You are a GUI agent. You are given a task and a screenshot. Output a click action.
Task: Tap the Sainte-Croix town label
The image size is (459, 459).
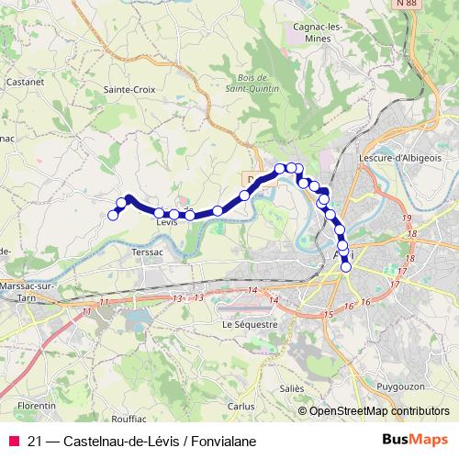click(x=130, y=89)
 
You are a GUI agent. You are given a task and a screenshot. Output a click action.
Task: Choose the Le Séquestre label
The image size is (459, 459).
click(x=249, y=324)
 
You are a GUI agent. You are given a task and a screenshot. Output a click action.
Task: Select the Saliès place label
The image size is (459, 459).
click(x=292, y=388)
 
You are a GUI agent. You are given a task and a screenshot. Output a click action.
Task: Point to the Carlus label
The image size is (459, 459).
click(x=241, y=405)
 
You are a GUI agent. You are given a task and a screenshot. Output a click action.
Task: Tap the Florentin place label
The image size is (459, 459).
click(x=38, y=404)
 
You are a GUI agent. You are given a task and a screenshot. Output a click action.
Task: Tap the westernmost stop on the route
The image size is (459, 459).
click(x=114, y=215)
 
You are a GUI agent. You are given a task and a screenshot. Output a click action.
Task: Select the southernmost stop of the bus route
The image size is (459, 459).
click(x=346, y=267)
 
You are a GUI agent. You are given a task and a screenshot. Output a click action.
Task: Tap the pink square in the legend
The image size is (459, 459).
click(x=13, y=441)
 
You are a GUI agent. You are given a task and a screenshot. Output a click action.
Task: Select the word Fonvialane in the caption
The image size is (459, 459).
click(x=220, y=441)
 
